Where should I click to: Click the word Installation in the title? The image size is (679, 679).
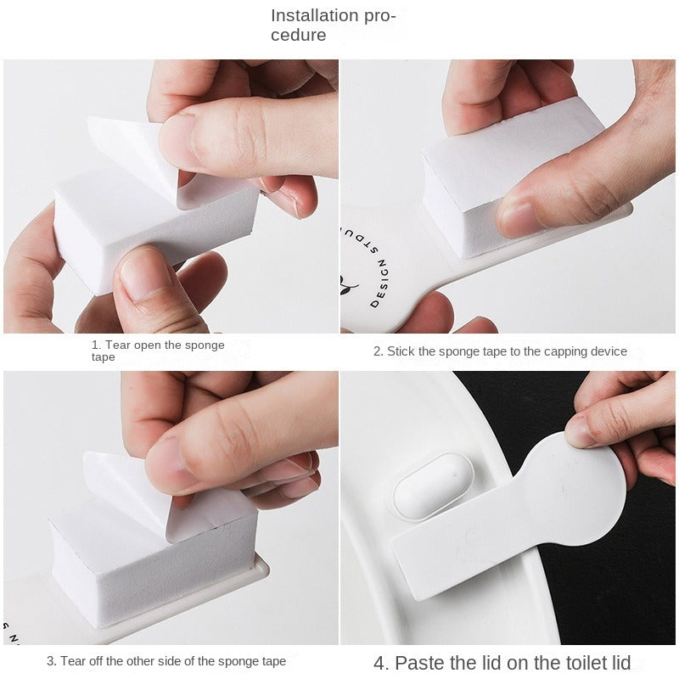(x=315, y=15)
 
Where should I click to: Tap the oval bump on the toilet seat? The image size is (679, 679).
(x=434, y=485)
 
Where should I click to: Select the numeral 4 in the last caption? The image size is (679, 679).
(x=379, y=663)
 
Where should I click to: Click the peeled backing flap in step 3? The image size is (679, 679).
(x=130, y=490)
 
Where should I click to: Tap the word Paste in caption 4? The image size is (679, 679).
(x=419, y=663)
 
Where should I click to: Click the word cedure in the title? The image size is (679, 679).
(x=299, y=35)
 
